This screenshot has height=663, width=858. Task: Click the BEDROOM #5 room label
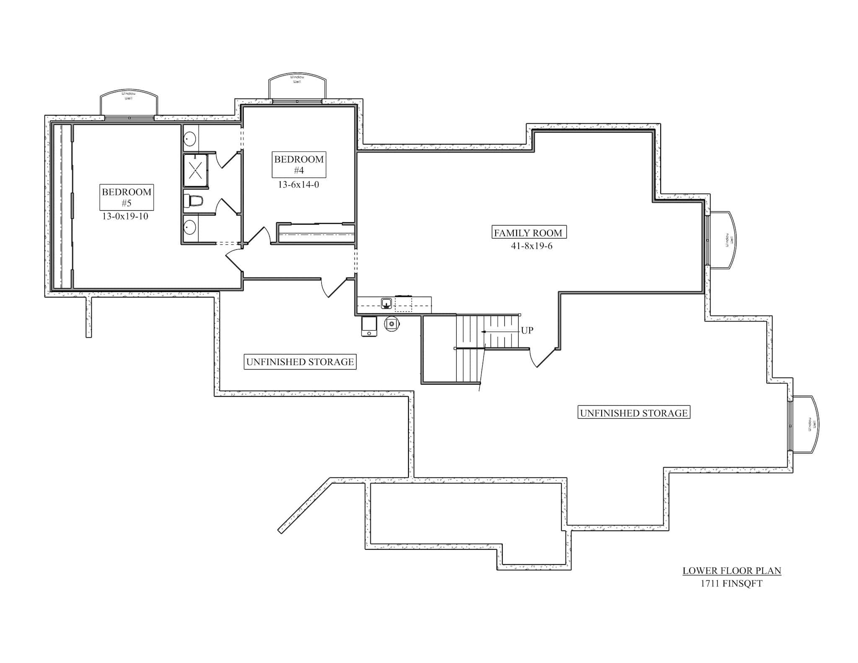point(127,197)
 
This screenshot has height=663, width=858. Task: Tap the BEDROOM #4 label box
point(299,165)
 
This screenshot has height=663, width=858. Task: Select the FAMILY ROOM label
point(529,233)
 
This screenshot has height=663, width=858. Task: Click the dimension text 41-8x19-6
point(531,246)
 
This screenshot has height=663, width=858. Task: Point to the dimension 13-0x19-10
point(125,217)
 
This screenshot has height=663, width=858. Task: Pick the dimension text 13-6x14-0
point(298,184)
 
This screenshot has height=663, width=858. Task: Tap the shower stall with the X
point(196,170)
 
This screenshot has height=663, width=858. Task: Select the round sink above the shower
point(190,139)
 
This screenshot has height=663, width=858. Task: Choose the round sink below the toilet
point(190,228)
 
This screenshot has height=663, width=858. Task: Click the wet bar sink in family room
point(386,303)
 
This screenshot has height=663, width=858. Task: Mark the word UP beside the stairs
point(527,330)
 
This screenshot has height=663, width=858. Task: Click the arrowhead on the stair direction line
point(483,331)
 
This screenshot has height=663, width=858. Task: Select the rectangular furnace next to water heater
point(369,326)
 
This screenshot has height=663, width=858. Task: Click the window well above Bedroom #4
point(297,87)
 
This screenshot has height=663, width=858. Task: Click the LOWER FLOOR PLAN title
point(731,570)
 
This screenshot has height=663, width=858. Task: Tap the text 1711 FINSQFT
point(731,583)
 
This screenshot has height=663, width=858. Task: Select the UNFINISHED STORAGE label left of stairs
point(300,362)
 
